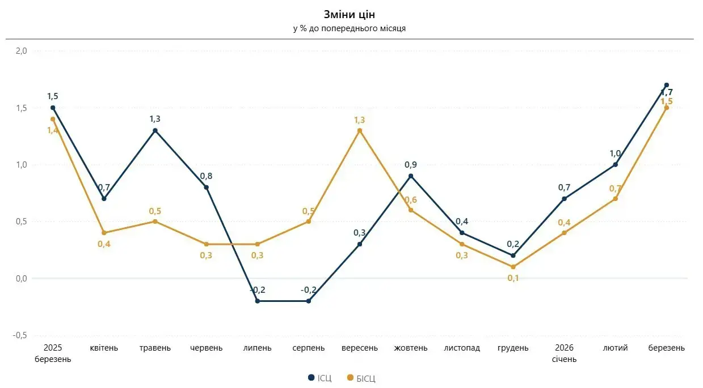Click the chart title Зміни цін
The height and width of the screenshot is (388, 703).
pos(350,15)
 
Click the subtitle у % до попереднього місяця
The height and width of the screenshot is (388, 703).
pos(350,28)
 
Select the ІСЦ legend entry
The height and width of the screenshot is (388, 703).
pos(320,378)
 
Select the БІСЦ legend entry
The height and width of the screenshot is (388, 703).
pos(361,378)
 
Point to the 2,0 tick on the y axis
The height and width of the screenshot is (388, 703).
pos(22,51)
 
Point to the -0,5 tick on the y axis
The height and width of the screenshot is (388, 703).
pos(20,335)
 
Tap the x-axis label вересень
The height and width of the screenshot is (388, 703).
pos(360,348)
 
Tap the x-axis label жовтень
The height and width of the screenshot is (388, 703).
pos(411,348)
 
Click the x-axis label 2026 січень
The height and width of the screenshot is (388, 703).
pos(565,353)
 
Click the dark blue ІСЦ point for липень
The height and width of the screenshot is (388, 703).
pos(258,301)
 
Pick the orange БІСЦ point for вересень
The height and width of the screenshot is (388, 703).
pos(360,131)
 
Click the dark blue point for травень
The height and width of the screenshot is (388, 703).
pos(155,131)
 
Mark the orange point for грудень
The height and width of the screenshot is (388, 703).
pos(513,267)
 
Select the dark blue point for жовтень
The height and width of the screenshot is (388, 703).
pos(411,176)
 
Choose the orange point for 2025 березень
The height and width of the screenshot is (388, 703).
pos(53,119)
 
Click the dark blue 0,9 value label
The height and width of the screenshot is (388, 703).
pos(411,164)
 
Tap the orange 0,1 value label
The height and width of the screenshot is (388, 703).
pos(513,278)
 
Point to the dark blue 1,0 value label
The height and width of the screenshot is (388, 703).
pos(615,154)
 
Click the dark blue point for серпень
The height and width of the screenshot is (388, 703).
pos(309,301)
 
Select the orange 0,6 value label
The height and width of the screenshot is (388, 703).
pos(411,199)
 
